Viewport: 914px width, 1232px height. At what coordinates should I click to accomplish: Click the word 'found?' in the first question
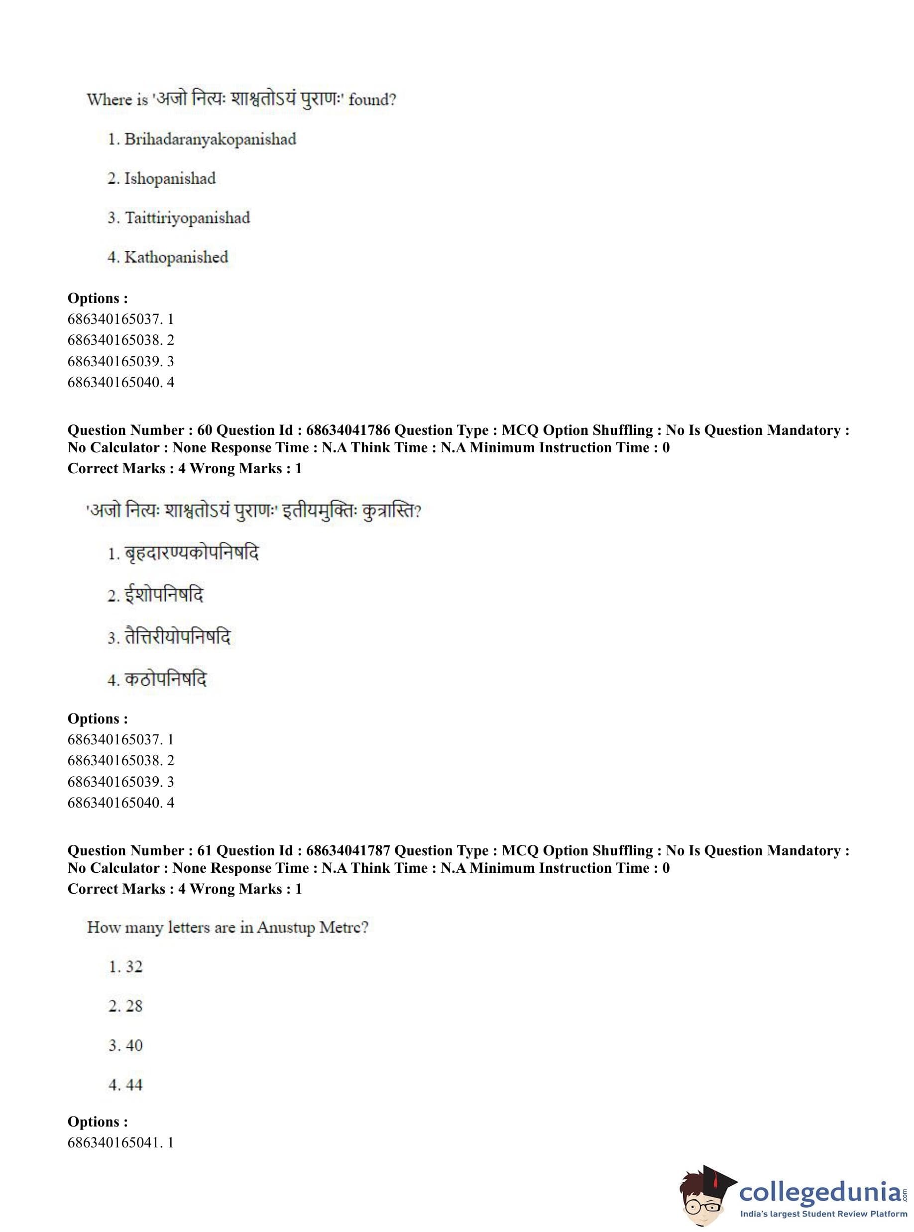click(372, 100)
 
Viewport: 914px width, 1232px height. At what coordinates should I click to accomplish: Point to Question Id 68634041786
click(348, 430)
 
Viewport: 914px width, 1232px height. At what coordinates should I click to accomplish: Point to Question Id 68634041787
click(348, 850)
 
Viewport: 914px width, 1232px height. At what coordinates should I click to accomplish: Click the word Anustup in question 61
click(285, 927)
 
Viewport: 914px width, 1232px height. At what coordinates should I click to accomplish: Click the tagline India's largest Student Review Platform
click(823, 1214)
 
